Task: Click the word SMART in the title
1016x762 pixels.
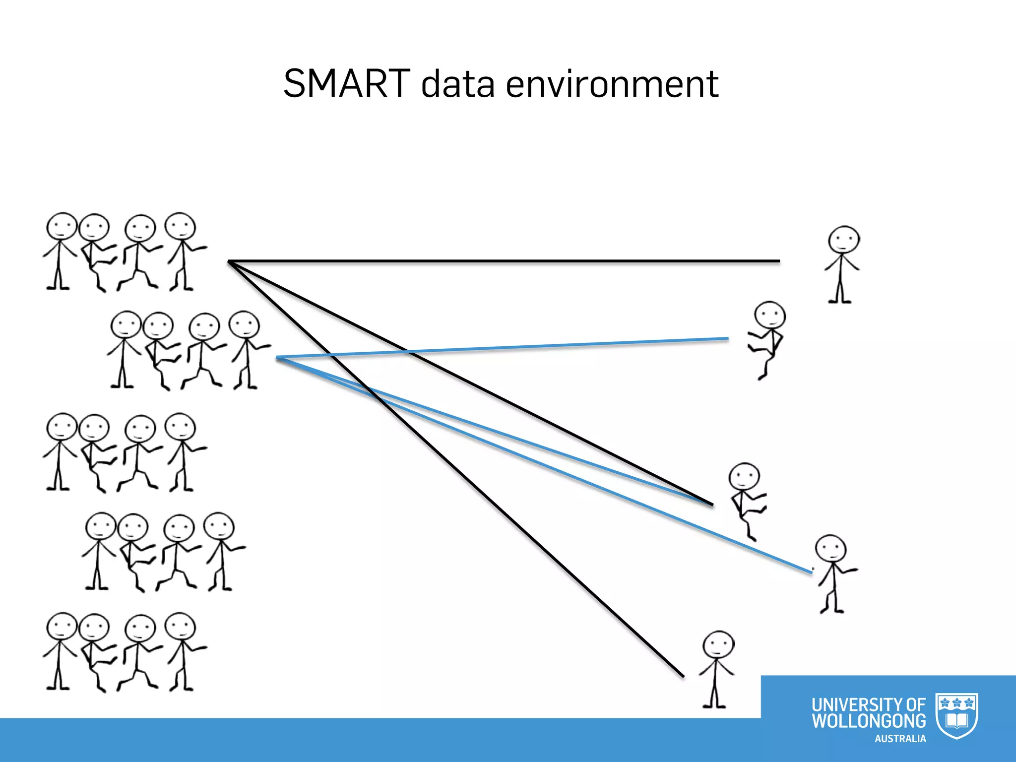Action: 346,83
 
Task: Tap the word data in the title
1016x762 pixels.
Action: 457,84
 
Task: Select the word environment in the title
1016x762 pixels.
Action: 612,84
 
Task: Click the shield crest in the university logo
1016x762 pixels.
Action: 956,715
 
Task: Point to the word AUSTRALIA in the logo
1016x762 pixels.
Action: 900,739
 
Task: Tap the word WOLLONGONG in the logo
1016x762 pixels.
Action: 868,721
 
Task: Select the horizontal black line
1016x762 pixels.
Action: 504,261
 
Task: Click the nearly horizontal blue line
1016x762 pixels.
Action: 501,348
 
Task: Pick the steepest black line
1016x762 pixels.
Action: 456,468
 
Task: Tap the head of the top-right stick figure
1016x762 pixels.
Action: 843,240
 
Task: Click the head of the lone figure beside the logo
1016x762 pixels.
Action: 718,645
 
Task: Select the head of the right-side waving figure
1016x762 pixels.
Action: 830,549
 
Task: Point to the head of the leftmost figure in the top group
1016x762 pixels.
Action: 62,227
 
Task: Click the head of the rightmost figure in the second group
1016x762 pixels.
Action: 244,325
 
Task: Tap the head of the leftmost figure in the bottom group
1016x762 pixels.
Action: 62,627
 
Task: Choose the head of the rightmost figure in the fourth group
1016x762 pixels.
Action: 219,526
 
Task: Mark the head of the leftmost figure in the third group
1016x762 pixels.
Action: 62,427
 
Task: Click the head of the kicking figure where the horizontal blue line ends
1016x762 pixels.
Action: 769,315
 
